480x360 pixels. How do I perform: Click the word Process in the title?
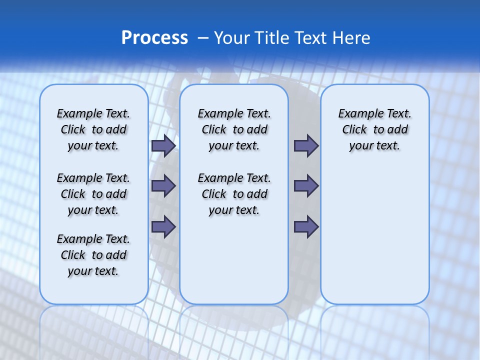tap(154, 38)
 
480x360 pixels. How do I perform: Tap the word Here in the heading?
tap(351, 38)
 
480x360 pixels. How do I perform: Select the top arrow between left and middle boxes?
tap(163, 145)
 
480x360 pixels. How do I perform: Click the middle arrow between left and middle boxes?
tap(163, 186)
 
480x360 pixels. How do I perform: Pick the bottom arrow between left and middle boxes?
tap(163, 226)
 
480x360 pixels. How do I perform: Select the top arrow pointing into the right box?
tap(306, 145)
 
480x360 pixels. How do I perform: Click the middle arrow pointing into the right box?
tap(306, 186)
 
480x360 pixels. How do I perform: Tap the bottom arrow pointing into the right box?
tap(306, 226)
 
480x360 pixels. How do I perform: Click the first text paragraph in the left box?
tap(93, 129)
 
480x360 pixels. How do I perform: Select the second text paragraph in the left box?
tap(93, 194)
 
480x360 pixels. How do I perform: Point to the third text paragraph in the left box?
tap(93, 255)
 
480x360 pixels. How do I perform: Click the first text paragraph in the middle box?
tap(234, 129)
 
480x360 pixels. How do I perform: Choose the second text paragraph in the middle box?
tap(234, 194)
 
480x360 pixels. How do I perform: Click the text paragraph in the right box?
tap(375, 129)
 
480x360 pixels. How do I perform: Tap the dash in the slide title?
tap(203, 38)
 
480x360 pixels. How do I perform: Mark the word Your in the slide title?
tap(231, 38)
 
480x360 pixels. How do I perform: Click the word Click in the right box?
tap(354, 130)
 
